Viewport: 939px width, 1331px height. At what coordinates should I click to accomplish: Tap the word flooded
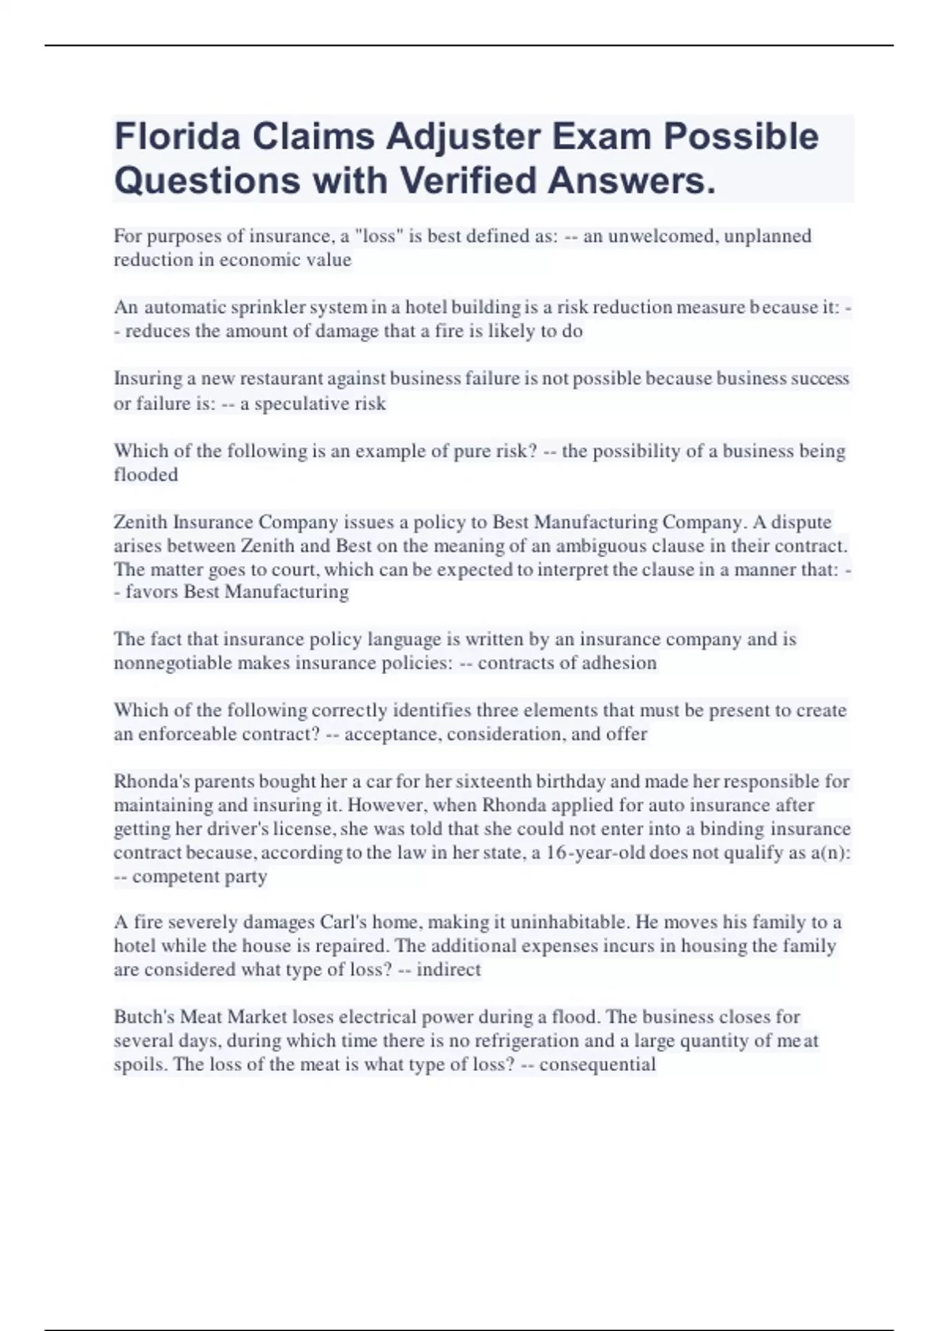(x=146, y=474)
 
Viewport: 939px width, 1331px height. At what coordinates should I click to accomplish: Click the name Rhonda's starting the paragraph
(x=149, y=781)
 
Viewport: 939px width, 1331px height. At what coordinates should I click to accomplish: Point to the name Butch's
(x=144, y=1017)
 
